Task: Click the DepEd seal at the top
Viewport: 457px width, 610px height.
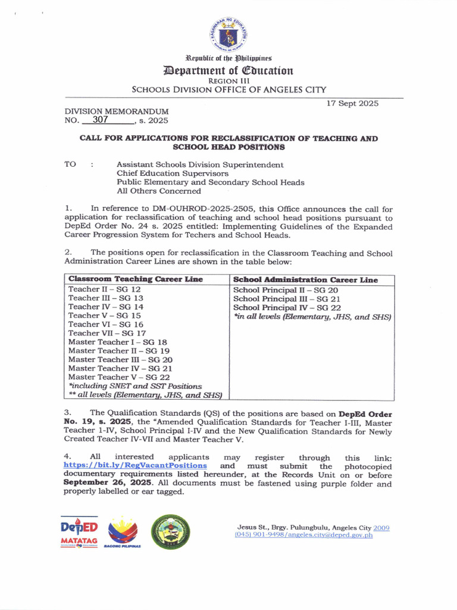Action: point(229,35)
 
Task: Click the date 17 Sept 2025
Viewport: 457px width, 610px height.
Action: point(352,104)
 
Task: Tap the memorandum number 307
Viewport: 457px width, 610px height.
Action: point(95,120)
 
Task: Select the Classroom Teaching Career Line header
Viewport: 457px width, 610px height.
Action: point(136,279)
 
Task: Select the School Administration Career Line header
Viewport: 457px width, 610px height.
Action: point(305,279)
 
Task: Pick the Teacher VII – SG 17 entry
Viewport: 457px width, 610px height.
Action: point(107,333)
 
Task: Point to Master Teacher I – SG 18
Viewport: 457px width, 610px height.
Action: point(118,342)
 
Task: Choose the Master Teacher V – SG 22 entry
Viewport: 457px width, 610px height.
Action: point(119,377)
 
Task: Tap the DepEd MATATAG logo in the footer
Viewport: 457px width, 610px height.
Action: point(79,531)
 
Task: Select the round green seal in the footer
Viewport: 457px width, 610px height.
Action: point(171,531)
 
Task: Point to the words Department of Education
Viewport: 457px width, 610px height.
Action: point(229,71)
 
